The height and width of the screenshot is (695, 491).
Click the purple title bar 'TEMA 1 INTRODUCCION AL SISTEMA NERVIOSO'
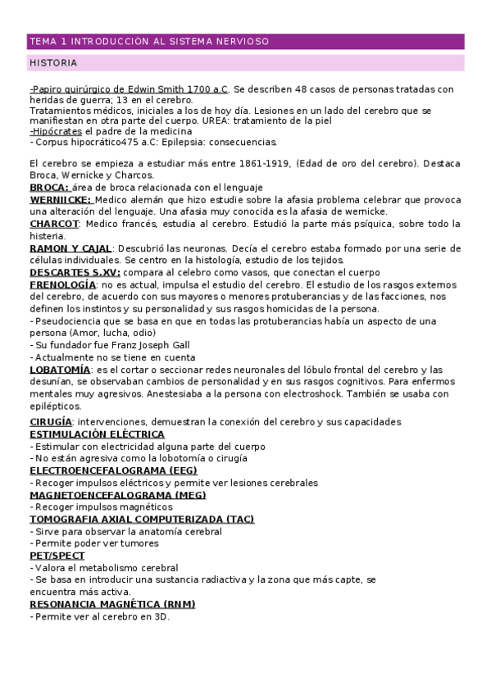[x=245, y=41]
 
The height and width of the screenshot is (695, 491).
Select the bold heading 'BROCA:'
[x=48, y=188]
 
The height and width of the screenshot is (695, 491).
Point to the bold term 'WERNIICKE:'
[x=61, y=199]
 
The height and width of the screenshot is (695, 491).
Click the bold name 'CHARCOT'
[x=53, y=224]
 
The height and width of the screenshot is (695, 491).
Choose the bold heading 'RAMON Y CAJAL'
[x=70, y=248]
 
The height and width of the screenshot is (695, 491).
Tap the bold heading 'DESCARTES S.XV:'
[x=75, y=272]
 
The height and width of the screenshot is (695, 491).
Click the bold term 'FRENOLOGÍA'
[x=62, y=284]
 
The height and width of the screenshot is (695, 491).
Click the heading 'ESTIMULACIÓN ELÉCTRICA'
[x=97, y=434]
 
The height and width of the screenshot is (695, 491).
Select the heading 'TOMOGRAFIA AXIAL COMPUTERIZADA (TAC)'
[x=142, y=519]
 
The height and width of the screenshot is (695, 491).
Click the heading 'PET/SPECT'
[x=57, y=555]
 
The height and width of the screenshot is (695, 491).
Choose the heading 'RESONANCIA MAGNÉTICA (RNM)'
[x=112, y=604]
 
